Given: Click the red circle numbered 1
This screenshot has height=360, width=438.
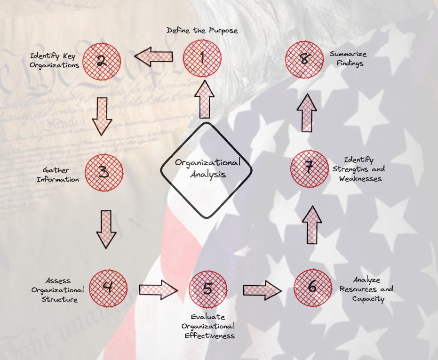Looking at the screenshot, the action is pyautogui.click(x=202, y=58).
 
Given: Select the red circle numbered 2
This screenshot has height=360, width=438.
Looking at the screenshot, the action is pyautogui.click(x=102, y=61).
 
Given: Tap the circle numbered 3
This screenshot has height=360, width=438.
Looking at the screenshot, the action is pyautogui.click(x=104, y=172).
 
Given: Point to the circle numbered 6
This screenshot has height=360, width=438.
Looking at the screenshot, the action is pyautogui.click(x=312, y=287).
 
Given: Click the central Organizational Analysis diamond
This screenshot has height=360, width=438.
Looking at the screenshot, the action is pyautogui.click(x=207, y=169).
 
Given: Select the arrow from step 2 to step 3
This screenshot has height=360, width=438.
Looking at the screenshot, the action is pyautogui.click(x=102, y=116).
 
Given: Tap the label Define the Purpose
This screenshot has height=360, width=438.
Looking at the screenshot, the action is pyautogui.click(x=202, y=31).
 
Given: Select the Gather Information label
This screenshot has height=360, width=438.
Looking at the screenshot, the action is pyautogui.click(x=61, y=174).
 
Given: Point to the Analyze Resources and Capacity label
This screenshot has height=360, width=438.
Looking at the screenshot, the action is pyautogui.click(x=366, y=289).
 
